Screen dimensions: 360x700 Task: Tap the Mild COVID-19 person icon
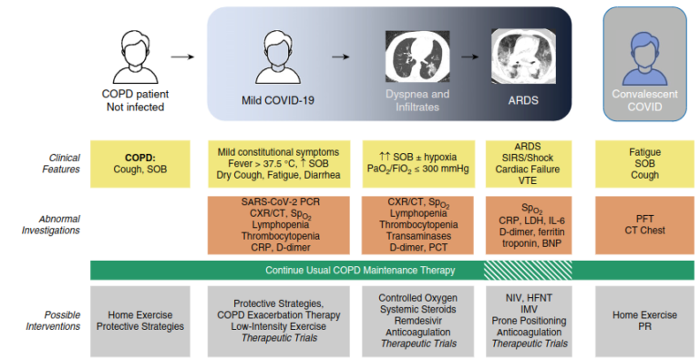tap(278, 55)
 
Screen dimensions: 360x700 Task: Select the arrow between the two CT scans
tap(469, 57)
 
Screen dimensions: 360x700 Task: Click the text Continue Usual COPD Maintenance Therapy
tap(360, 271)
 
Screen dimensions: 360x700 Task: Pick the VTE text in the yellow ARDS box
tap(530, 180)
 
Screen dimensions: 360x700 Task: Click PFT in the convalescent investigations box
tap(644, 218)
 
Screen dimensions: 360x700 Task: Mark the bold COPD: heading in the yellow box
tap(139, 158)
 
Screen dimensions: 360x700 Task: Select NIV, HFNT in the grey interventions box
tap(530, 297)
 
